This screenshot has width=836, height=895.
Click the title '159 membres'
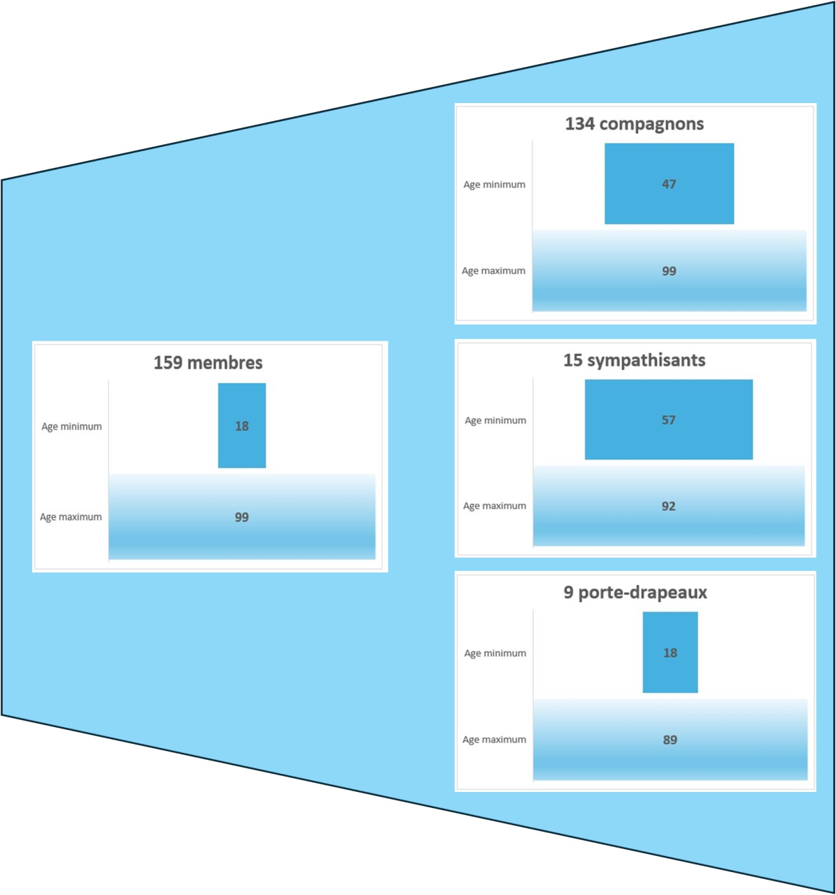coord(208,363)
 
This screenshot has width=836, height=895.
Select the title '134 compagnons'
coord(634,124)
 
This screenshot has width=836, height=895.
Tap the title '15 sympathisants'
coord(634,360)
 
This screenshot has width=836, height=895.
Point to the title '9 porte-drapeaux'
coord(635,593)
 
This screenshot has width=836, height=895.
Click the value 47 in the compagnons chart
coord(669,185)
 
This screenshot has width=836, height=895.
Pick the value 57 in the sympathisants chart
coord(668,420)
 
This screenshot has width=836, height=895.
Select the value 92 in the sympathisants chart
coord(668,506)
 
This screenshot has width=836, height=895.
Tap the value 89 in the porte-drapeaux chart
coord(669,740)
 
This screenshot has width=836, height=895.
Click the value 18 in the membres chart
coord(242,426)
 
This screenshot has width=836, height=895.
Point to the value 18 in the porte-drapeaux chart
coord(669,653)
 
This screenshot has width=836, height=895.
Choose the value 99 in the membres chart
coord(242,517)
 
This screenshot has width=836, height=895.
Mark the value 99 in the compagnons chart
coord(669,271)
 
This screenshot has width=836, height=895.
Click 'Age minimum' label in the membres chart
coord(71,426)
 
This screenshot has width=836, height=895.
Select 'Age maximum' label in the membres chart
coord(70,517)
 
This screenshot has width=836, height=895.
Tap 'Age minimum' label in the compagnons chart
coord(494,185)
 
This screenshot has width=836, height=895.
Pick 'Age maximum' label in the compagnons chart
coord(493,271)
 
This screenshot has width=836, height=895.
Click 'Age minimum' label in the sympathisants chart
coord(495,420)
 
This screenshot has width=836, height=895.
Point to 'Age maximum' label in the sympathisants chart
coord(495,506)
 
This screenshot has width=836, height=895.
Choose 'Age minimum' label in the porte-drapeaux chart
coord(495,653)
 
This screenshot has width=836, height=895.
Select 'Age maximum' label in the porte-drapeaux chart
coord(494,740)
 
